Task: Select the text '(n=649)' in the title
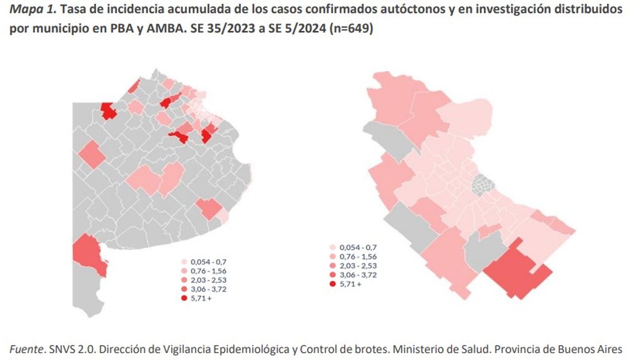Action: pos(352,29)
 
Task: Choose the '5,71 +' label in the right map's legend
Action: pos(351,284)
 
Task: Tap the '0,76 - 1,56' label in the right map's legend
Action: pos(358,256)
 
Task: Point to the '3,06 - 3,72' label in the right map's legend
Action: pos(358,275)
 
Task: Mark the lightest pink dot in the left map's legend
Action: pos(184,261)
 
